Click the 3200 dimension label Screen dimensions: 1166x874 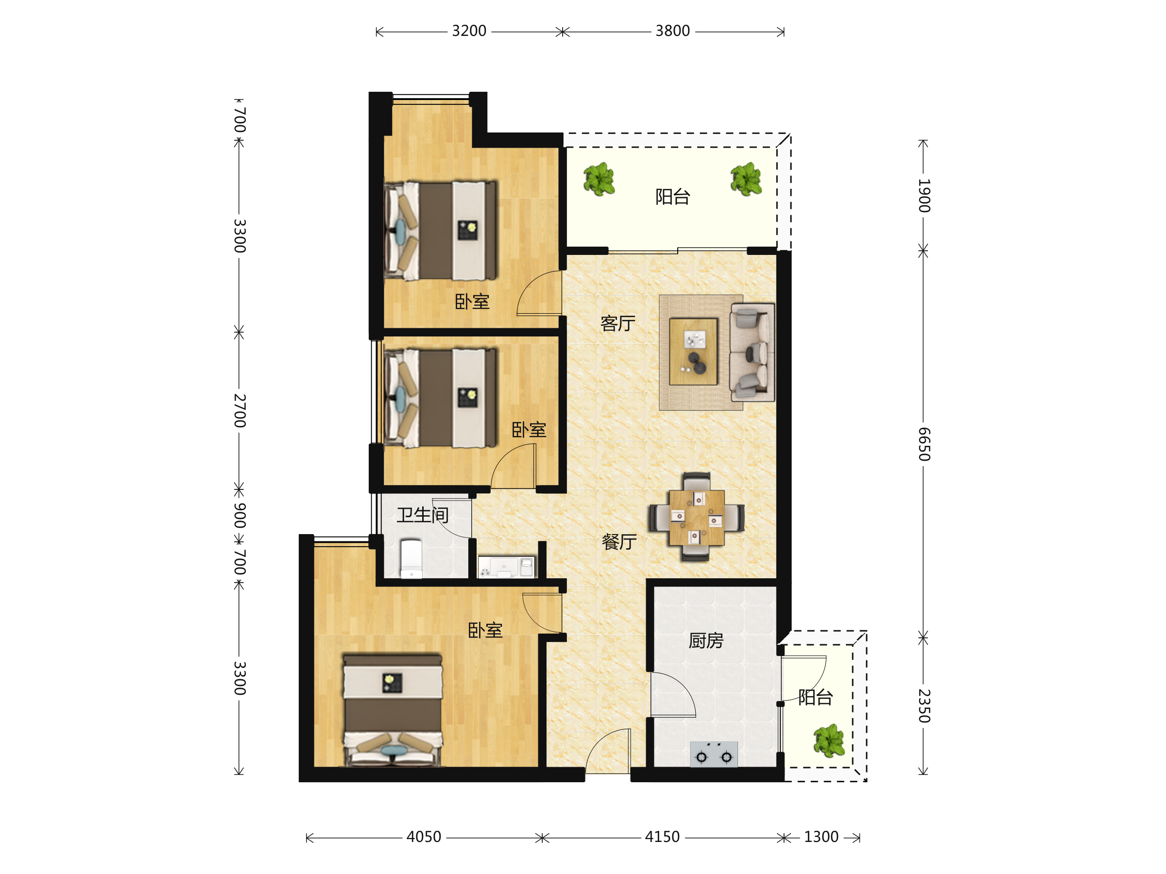(x=469, y=31)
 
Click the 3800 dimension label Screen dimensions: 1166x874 (x=672, y=31)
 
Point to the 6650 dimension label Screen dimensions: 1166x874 (x=924, y=444)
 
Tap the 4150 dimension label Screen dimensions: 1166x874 (x=663, y=837)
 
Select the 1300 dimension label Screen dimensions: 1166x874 (x=821, y=837)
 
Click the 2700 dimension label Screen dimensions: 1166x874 (x=240, y=410)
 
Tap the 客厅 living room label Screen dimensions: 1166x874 (x=618, y=323)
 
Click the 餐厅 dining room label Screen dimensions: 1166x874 (x=619, y=541)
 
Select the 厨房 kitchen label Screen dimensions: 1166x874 (x=706, y=640)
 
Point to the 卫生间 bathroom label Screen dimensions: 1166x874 (x=423, y=515)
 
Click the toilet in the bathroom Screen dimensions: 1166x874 (x=411, y=558)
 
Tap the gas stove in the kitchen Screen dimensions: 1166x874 (x=714, y=755)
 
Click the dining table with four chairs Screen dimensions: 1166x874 (x=696, y=517)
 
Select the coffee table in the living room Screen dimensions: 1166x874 (x=693, y=352)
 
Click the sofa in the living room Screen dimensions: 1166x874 (x=752, y=353)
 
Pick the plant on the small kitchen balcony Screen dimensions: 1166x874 (x=829, y=740)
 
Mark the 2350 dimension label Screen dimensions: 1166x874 (x=924, y=706)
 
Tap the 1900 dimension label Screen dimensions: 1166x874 (x=924, y=196)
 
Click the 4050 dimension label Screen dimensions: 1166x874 (x=424, y=837)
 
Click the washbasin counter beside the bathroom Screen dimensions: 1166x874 (x=506, y=567)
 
